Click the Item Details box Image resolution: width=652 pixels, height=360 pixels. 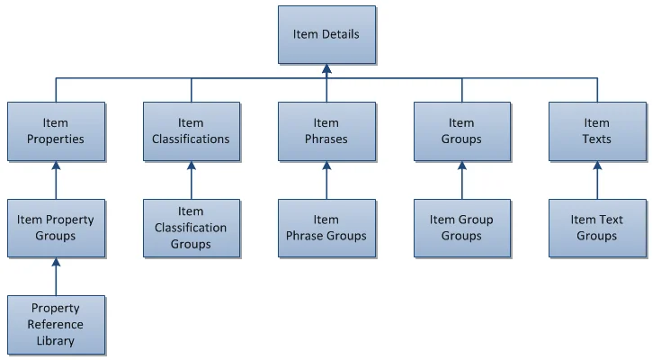(x=326, y=34)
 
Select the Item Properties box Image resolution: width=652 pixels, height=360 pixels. (x=56, y=131)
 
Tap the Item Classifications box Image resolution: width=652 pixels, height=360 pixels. (x=192, y=131)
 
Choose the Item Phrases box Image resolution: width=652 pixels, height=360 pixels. (x=326, y=131)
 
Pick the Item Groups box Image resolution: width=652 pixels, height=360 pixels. (x=462, y=131)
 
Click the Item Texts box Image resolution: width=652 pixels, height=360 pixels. (x=597, y=131)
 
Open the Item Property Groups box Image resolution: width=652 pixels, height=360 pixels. (x=56, y=228)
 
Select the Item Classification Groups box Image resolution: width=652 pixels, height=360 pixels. (x=192, y=228)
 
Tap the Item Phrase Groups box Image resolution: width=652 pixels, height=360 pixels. (x=326, y=228)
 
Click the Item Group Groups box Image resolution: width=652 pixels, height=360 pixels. (x=462, y=228)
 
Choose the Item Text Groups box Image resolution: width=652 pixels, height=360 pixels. (x=597, y=228)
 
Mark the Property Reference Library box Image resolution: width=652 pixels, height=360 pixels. (x=56, y=324)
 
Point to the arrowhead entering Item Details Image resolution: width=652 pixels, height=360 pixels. (x=326, y=68)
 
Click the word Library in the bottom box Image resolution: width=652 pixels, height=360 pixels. (x=56, y=341)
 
